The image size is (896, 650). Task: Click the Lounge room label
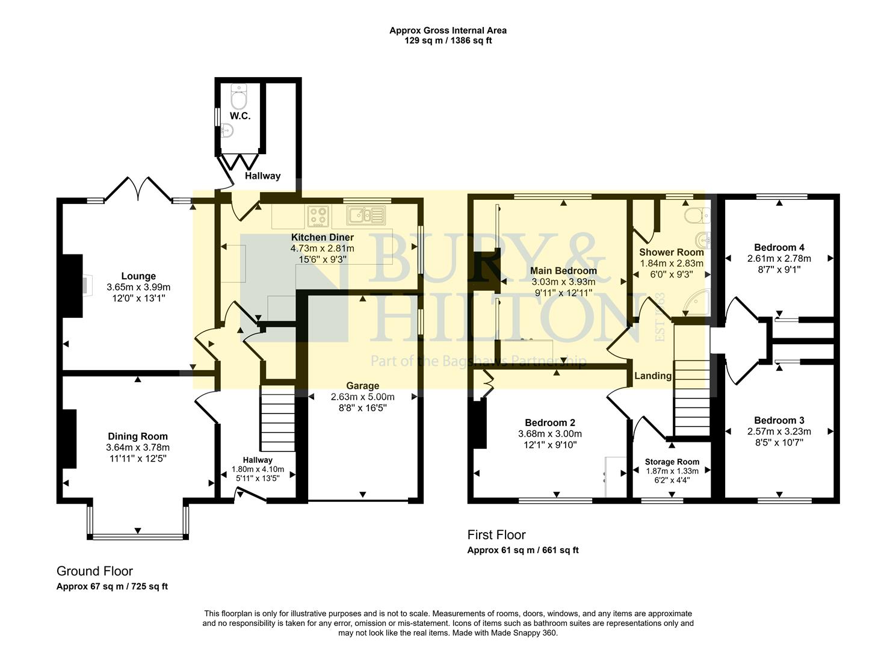[138, 276]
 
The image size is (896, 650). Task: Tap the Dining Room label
[138, 436]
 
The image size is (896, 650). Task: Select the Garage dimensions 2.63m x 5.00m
[362, 397]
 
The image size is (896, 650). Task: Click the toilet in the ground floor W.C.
[239, 95]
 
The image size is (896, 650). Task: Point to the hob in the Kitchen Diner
[318, 215]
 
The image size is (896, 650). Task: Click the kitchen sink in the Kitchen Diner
[366, 214]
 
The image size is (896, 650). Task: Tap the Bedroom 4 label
[779, 247]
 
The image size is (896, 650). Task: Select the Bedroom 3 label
[779, 420]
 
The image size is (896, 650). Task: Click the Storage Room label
[672, 462]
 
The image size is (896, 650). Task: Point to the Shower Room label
[671, 252]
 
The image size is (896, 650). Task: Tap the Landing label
[652, 376]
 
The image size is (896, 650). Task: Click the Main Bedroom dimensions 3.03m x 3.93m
[563, 282]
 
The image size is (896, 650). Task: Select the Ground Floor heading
[94, 571]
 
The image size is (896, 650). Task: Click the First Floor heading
[496, 535]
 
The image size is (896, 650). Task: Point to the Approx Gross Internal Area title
[448, 30]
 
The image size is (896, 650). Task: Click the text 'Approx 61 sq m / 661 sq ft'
[523, 550]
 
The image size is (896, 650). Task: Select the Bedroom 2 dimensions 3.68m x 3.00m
[549, 433]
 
